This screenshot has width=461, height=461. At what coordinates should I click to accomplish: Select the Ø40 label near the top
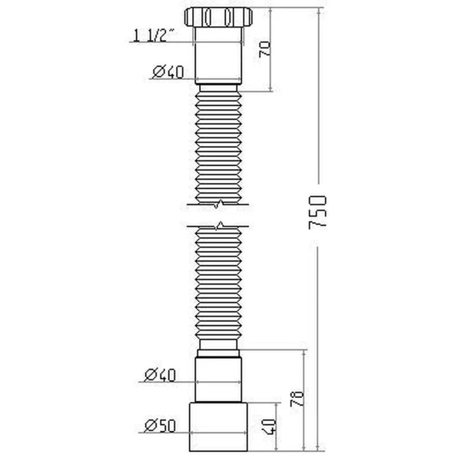[167, 72]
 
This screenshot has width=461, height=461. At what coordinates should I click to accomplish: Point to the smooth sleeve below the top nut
[220, 58]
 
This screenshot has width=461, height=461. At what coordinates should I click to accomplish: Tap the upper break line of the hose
[220, 204]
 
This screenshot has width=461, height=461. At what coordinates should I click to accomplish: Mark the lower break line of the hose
[220, 227]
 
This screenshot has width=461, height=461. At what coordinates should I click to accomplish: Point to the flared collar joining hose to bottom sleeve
[220, 352]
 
